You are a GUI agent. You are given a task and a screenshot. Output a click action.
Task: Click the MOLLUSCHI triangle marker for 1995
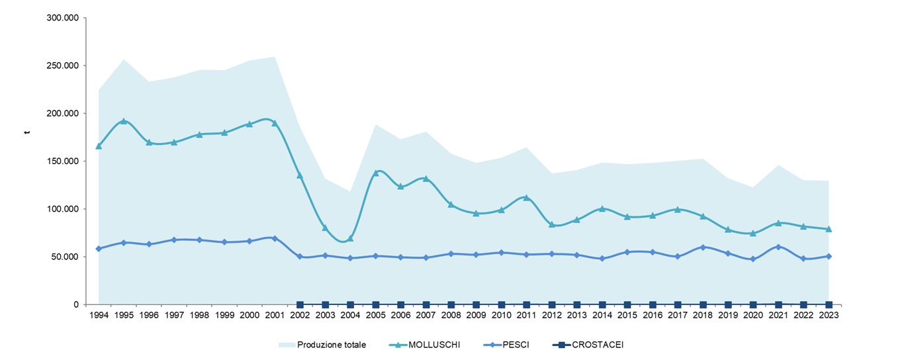coord(124,121)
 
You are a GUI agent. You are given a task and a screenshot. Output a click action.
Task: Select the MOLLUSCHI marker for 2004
coord(351,238)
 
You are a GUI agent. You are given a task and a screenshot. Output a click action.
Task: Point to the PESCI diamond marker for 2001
coord(275,238)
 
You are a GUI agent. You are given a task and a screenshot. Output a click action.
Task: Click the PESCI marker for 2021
coord(778,247)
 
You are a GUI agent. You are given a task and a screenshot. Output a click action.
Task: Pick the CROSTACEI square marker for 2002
coord(300,304)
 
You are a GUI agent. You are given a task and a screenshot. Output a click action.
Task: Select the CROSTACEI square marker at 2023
coord(829,304)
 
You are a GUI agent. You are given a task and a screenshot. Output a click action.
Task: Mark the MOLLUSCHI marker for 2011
coord(527,198)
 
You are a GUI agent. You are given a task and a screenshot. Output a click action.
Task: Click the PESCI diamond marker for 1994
coord(99,249)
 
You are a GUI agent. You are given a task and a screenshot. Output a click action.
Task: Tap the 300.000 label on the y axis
coord(63,18)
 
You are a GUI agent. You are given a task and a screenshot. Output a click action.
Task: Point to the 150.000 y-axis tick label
coord(63,161)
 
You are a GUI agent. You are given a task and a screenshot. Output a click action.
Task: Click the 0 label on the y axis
coord(76,304)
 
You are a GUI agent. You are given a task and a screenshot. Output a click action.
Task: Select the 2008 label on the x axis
coord(451,316)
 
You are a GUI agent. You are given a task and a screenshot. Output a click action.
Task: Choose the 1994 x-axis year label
coord(99,316)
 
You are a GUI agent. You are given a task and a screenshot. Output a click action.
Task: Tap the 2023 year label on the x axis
coord(829,316)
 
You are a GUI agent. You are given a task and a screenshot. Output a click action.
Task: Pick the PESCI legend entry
coord(516,345)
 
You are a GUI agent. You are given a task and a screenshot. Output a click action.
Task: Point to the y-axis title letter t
coord(27,132)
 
